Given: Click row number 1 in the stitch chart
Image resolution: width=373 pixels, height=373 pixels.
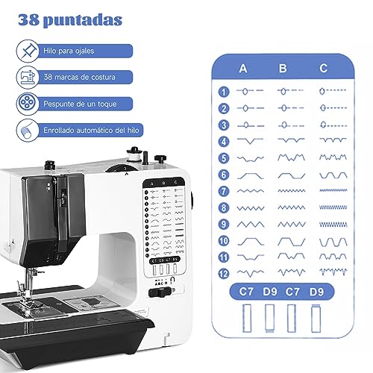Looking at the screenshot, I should pyautogui.click(x=223, y=92).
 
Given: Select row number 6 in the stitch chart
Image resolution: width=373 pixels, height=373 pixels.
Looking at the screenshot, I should pyautogui.click(x=223, y=174).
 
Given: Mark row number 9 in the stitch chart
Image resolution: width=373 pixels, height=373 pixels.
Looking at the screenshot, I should pyautogui.click(x=223, y=223).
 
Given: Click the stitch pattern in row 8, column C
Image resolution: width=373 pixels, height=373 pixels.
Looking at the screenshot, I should pyautogui.click(x=331, y=207).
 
